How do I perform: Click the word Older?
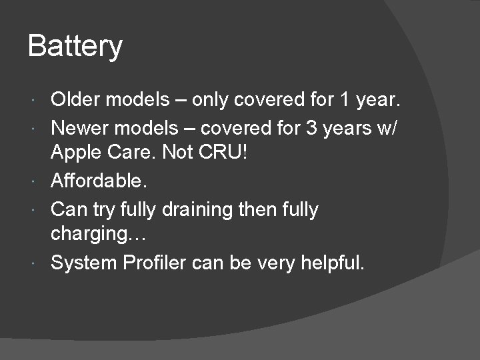(x=77, y=100)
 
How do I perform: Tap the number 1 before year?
(x=344, y=100)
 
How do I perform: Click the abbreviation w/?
(x=389, y=127)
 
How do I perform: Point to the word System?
(x=84, y=263)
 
